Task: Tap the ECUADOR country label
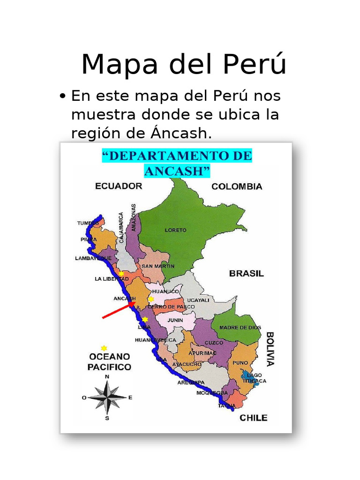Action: coord(119,186)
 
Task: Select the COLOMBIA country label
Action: coord(237,186)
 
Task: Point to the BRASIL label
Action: coord(246,273)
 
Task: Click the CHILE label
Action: coord(254,418)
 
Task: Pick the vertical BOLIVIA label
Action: coord(270,349)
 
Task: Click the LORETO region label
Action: coord(175,230)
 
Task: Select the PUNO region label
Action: coord(240,362)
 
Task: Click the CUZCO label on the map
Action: coord(214,343)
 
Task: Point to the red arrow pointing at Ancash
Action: coord(118,310)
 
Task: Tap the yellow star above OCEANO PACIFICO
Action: coord(104,348)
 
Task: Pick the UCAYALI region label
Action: coord(198,300)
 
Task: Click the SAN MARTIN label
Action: coord(158,266)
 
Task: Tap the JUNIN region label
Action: coord(174,321)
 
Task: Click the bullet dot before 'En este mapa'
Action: coord(63,97)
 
